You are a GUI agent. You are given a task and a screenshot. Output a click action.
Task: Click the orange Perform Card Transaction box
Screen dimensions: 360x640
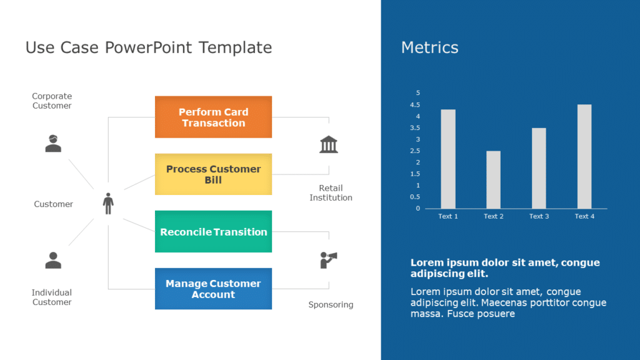(213, 117)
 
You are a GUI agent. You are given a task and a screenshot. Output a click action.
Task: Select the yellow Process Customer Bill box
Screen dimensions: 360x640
(213, 174)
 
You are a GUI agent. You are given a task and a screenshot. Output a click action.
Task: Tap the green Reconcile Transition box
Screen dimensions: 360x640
(213, 232)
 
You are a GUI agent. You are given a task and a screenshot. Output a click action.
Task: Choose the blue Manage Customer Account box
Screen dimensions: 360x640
(213, 289)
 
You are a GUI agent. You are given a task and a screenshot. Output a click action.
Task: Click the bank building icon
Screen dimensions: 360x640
(329, 144)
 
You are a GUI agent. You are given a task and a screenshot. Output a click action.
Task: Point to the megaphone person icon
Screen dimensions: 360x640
(329, 259)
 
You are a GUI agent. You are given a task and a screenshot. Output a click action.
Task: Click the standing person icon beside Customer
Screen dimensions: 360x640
(108, 204)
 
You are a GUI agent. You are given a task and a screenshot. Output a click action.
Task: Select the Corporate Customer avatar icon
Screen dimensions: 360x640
(53, 143)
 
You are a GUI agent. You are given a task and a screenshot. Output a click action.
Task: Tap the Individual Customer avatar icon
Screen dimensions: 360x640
(53, 260)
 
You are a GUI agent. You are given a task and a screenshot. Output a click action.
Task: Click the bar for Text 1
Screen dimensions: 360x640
(448, 159)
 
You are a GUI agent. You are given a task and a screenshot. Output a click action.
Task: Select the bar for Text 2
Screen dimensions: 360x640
(493, 179)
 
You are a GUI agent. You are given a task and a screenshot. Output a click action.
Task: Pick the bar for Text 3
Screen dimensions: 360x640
(539, 168)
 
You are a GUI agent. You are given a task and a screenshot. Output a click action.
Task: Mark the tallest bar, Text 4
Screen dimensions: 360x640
(584, 156)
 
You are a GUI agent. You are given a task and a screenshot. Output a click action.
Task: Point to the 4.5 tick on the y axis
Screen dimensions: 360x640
(416, 104)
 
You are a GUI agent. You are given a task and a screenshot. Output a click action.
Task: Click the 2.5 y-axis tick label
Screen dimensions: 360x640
(416, 151)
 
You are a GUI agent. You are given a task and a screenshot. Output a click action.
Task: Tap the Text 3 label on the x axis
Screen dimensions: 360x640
(539, 216)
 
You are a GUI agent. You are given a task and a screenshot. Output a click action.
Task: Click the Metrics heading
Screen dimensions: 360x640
(429, 47)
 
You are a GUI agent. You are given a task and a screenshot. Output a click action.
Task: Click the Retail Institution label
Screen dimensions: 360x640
(331, 192)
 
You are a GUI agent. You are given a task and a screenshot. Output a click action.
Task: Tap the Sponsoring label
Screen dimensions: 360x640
(331, 305)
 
